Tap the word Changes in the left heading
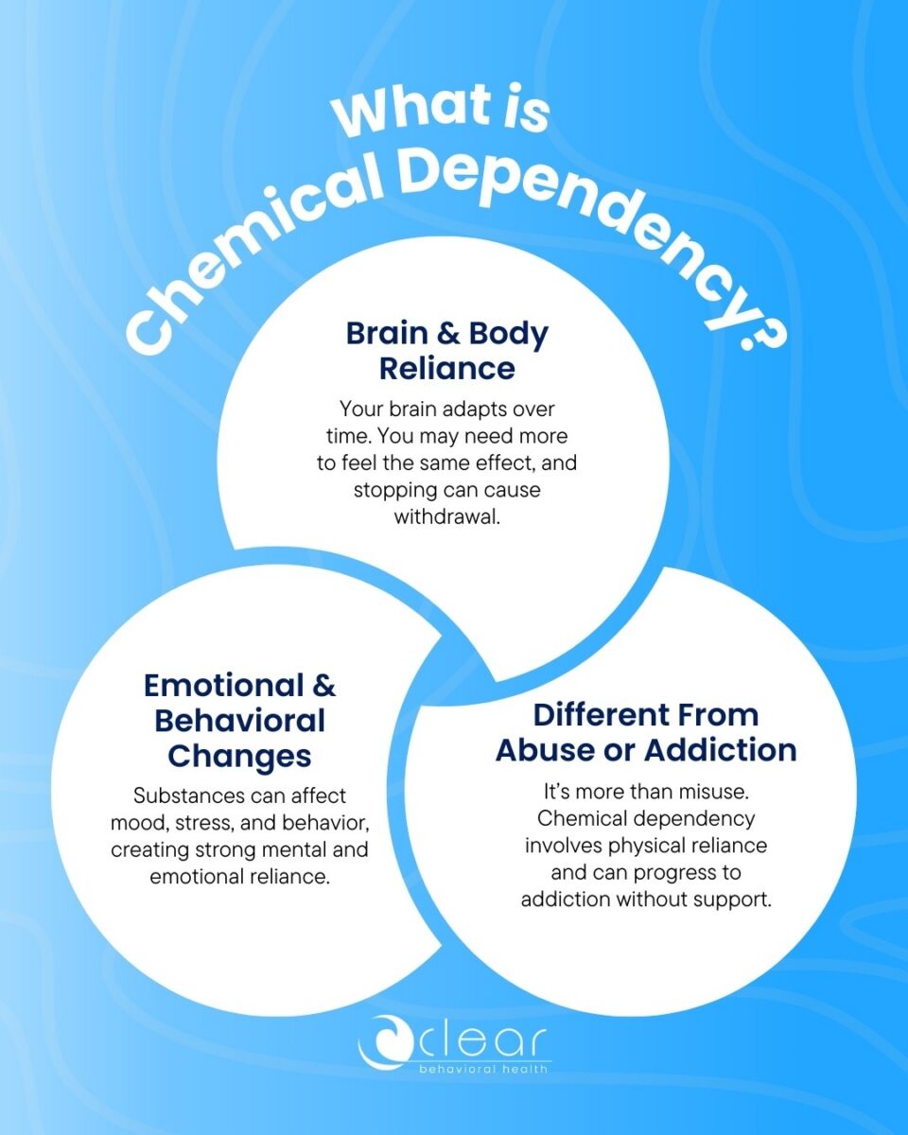point(239,756)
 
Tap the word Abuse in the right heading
point(551,750)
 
